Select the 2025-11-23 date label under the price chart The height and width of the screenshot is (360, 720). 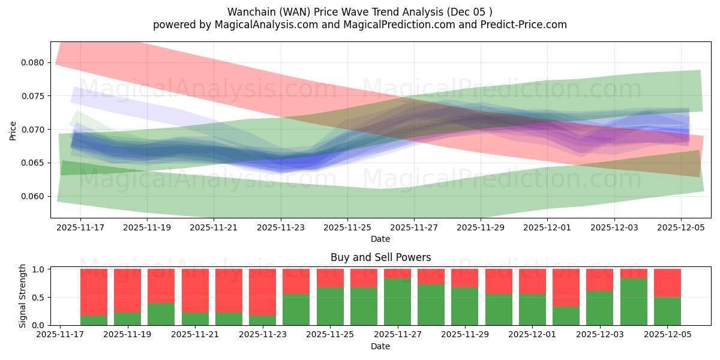tap(281, 227)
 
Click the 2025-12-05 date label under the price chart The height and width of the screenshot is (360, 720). tap(681, 227)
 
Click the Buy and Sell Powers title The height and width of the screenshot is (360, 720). tap(380, 257)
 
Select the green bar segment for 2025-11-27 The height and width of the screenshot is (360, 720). tap(398, 302)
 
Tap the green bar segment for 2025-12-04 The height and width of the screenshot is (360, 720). tap(634, 302)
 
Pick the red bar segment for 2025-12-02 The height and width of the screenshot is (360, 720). tap(566, 288)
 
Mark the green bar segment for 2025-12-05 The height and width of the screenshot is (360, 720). tap(667, 311)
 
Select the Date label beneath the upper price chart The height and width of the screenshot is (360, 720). tap(380, 239)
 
